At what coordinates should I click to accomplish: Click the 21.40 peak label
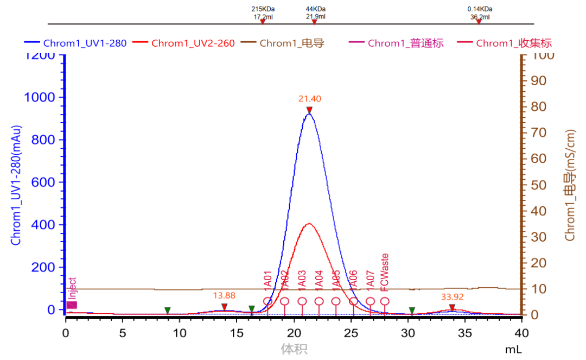309,99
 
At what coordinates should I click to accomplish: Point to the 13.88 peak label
224,295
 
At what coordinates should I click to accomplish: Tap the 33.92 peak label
452,297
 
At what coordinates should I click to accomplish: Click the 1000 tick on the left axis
40,98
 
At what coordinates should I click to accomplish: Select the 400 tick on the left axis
44,225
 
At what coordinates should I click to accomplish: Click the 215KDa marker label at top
263,9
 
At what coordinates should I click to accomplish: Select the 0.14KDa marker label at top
480,9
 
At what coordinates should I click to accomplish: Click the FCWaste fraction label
385,271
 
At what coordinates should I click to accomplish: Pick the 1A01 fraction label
267,279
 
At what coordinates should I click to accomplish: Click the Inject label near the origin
73,288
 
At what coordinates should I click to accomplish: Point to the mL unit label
513,350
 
